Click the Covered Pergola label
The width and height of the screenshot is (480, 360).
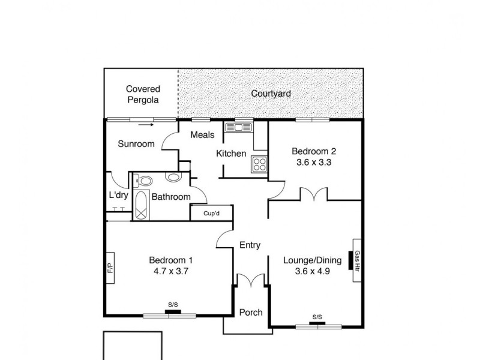pos(143,95)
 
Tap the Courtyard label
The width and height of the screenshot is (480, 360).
pos(271,94)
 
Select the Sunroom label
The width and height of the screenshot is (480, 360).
pos(136,144)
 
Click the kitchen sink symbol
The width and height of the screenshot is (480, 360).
pos(238,127)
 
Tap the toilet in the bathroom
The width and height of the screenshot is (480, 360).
pos(144,179)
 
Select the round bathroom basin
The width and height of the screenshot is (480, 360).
pos(173,178)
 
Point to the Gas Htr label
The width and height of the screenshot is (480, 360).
pos(356,260)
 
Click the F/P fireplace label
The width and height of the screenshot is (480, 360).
pos(110,268)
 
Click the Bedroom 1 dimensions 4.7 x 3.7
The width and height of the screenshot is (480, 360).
pos(170,271)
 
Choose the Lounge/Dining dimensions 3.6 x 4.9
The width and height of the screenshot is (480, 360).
pos(312,271)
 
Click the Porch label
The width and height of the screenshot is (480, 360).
pos(250,313)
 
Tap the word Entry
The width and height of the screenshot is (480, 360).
pos(250,245)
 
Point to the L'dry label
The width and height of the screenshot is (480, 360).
pos(117,196)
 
